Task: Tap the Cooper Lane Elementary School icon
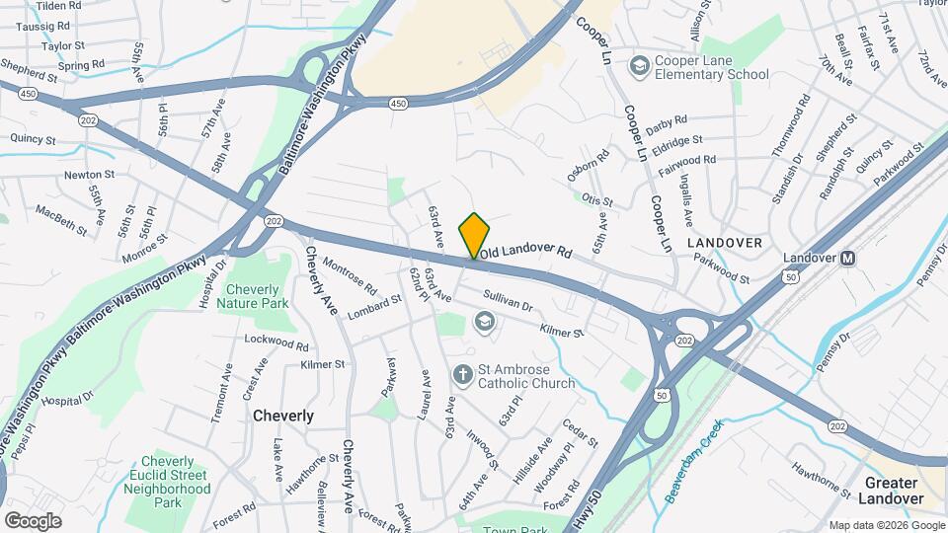point(640,65)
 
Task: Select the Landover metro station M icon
point(847,259)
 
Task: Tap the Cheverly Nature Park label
point(257,296)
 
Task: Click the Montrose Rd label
point(350,276)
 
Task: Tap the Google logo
point(33,520)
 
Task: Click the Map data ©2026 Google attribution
point(886,525)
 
